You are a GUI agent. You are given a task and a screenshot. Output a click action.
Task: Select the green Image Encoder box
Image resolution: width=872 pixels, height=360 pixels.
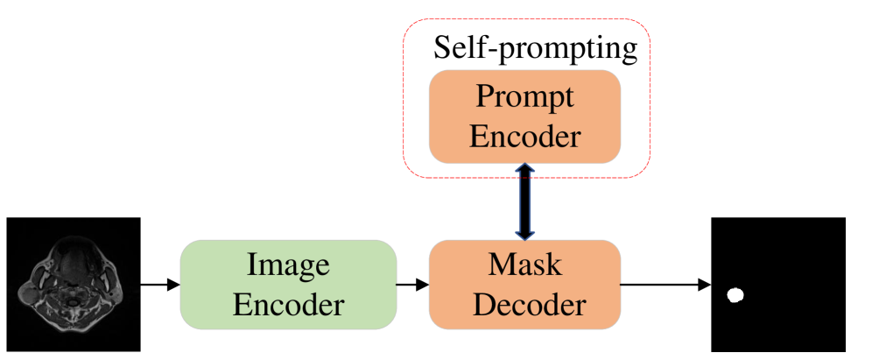pyautogui.click(x=288, y=285)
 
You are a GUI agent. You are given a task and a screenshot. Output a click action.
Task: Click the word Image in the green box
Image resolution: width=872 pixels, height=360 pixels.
pyautogui.click(x=288, y=265)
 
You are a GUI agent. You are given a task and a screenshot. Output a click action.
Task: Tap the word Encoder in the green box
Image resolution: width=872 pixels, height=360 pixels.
pyautogui.click(x=288, y=305)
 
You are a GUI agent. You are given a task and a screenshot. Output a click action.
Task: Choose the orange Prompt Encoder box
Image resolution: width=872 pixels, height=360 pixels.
pyautogui.click(x=524, y=116)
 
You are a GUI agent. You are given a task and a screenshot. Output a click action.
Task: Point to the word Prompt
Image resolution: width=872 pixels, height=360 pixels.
pyautogui.click(x=524, y=96)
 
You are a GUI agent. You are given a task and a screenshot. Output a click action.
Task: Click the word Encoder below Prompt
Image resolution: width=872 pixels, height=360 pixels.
pyautogui.click(x=524, y=137)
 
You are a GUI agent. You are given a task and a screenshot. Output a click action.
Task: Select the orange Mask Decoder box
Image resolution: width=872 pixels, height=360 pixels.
pyautogui.click(x=524, y=285)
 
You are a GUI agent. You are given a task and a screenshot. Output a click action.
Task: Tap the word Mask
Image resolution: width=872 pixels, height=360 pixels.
pyautogui.click(x=524, y=265)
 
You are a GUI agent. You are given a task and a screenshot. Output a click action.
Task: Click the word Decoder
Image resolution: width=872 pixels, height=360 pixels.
pyautogui.click(x=524, y=305)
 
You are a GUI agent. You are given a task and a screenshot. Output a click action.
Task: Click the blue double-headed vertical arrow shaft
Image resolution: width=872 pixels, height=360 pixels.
pyautogui.click(x=524, y=201)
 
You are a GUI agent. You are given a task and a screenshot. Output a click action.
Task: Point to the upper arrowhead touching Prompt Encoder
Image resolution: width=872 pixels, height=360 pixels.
pyautogui.click(x=524, y=170)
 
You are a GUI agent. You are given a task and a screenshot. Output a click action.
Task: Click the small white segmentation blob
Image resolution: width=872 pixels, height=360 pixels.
pyautogui.click(x=735, y=295)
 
